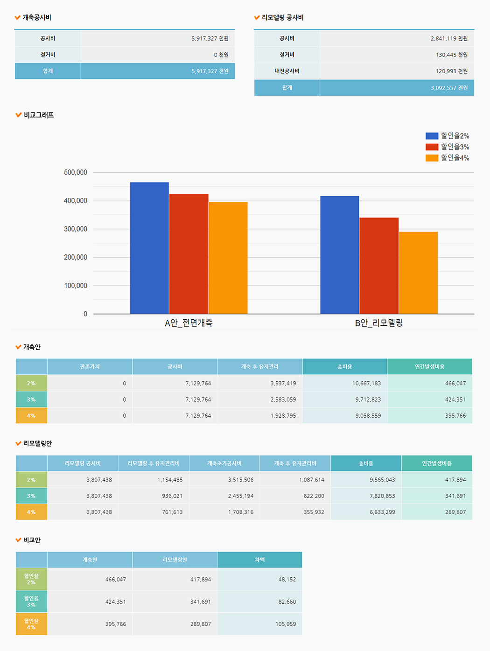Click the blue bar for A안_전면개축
point(149,248)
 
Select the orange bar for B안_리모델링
point(418,273)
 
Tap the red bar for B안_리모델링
point(379,266)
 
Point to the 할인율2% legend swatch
point(432,136)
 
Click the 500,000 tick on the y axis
point(76,173)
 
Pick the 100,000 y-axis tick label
point(76,286)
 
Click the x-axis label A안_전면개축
point(189,323)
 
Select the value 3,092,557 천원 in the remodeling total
point(449,88)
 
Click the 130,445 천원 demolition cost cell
point(451,55)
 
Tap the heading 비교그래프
point(39,115)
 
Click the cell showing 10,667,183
point(366,384)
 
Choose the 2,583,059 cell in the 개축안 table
point(283,400)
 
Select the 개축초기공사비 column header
point(224,463)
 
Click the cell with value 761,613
point(172,512)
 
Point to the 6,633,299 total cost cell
point(382,512)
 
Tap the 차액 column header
point(259,560)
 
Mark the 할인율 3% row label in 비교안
point(31,602)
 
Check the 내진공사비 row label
point(287,71)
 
